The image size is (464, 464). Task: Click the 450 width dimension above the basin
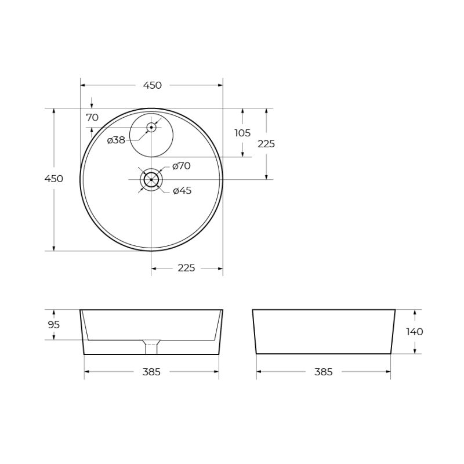(152, 85)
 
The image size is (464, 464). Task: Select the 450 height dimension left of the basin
(54, 179)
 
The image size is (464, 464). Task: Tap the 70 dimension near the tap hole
(92, 117)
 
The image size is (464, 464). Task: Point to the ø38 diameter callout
(116, 140)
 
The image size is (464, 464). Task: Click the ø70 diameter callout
(182, 166)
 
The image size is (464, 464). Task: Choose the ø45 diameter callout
(182, 191)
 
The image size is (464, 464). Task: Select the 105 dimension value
(242, 133)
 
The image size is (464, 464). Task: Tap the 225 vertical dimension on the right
(266, 144)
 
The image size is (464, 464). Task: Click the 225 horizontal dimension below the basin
(186, 268)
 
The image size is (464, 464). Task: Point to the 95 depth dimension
(54, 325)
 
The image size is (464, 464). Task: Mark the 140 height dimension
(415, 332)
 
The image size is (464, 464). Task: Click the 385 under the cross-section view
(151, 372)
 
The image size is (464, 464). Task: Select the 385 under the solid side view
(324, 372)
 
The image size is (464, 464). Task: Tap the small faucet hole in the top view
(151, 126)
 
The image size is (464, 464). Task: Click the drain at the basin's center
(151, 180)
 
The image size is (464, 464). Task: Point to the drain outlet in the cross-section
(151, 347)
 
